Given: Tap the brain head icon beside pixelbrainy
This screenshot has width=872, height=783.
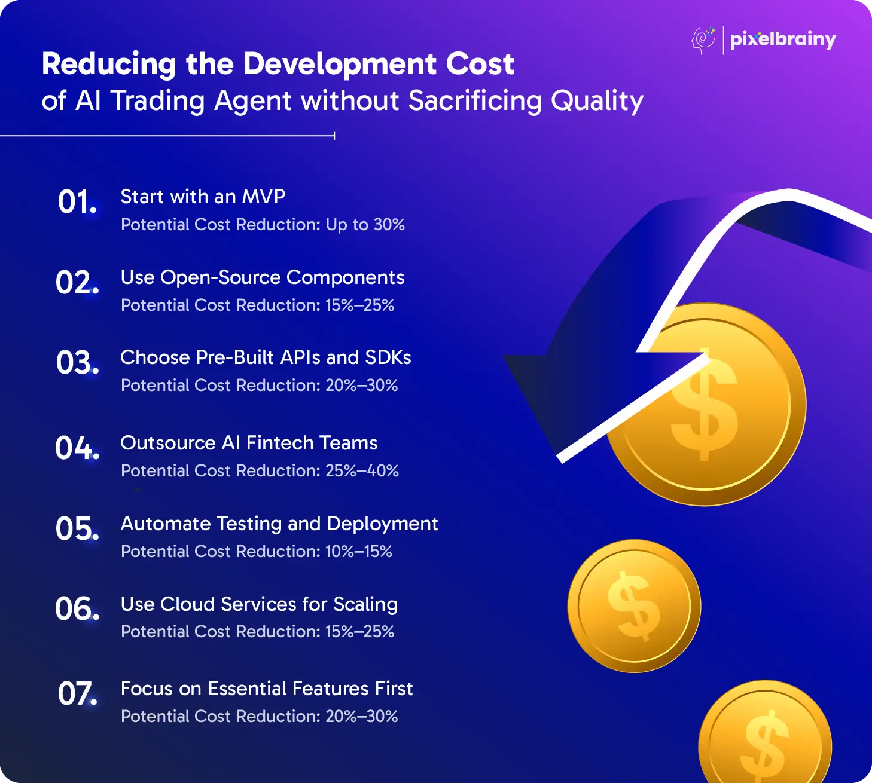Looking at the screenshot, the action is [x=703, y=41].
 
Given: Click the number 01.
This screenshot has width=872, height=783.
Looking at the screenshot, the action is [x=78, y=201].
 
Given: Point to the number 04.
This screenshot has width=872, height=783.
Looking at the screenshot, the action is [x=78, y=448].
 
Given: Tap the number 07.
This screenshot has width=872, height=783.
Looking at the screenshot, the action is [x=78, y=693].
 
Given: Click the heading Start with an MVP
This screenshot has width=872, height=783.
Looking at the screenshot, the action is [x=203, y=197].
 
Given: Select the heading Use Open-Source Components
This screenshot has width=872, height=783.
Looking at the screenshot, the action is [x=263, y=277].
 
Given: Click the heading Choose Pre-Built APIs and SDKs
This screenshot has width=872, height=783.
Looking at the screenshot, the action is [x=266, y=357].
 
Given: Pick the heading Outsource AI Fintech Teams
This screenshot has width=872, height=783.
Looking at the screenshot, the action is [x=249, y=443].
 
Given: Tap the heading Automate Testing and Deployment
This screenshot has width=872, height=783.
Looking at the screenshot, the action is [x=279, y=524].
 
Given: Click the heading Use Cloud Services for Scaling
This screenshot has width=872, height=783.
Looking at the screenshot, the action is [x=259, y=604].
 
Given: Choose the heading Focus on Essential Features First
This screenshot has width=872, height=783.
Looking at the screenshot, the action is [x=267, y=689].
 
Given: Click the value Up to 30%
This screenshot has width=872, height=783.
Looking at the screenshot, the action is [x=365, y=225].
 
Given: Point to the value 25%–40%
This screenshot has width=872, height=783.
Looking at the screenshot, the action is [x=362, y=470].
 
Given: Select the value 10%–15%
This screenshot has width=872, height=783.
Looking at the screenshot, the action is [x=359, y=552].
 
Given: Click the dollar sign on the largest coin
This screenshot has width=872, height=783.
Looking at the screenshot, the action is [x=705, y=405].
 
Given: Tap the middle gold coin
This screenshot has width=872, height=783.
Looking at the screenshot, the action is [x=634, y=605].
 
